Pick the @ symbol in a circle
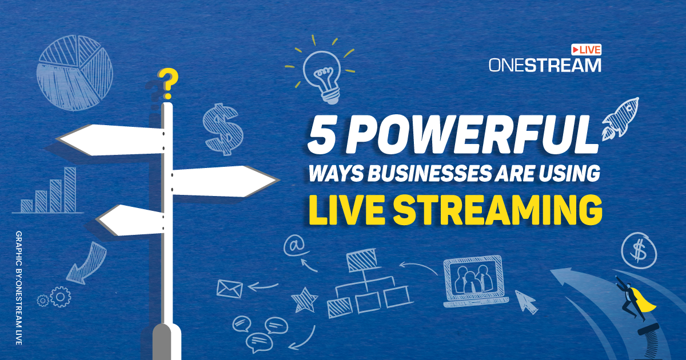[294, 245]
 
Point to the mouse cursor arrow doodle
[527, 301]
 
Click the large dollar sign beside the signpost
[222, 130]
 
